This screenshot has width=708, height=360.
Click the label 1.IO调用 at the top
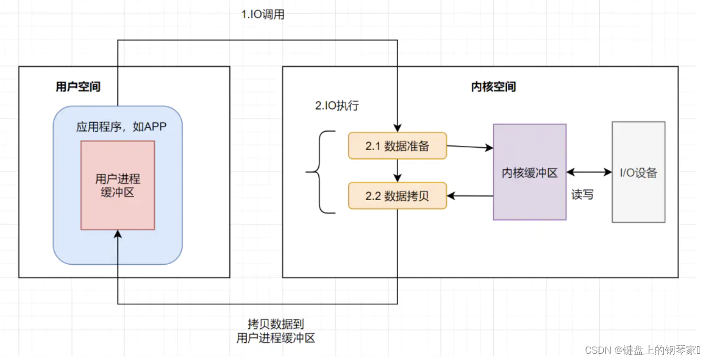coord(262,15)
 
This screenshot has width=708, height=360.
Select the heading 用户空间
coord(78,86)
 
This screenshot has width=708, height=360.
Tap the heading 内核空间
coord(493,86)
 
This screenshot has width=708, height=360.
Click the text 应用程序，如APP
coord(121,127)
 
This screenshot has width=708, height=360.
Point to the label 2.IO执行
coord(337,105)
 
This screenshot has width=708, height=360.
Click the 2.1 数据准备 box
coord(397,146)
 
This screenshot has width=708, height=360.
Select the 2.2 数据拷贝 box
coord(397,196)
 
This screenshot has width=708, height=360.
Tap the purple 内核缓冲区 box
coord(529,173)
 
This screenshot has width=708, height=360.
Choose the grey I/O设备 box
coord(638,173)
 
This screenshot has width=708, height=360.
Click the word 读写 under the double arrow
coord(582,195)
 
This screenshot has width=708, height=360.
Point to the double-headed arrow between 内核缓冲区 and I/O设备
coord(589,172)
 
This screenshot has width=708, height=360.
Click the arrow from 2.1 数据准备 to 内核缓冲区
coord(470,147)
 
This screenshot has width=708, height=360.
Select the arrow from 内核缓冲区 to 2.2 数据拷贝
coord(470,196)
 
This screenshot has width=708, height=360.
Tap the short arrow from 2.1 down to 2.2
coord(398,171)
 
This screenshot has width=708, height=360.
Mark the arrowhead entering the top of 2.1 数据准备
coord(398,128)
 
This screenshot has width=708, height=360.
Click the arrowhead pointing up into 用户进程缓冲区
coord(117,234)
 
